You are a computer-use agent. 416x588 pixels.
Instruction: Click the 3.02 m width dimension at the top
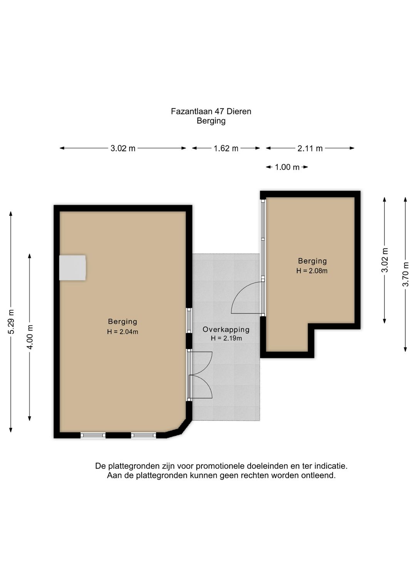click(x=123, y=149)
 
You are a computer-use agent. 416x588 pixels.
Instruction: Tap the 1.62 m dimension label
click(x=226, y=149)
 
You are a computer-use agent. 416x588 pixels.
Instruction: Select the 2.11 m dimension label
click(x=310, y=149)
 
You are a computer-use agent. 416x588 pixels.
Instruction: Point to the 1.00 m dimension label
click(x=287, y=167)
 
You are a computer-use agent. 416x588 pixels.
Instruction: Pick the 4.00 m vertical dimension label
click(x=30, y=337)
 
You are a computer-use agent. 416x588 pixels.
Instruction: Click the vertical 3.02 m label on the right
click(x=385, y=260)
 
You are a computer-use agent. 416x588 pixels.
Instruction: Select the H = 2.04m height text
click(x=122, y=332)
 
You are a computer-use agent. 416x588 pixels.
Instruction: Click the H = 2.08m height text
click(x=312, y=271)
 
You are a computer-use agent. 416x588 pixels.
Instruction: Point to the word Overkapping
click(x=226, y=329)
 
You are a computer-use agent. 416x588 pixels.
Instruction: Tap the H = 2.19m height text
click(x=226, y=338)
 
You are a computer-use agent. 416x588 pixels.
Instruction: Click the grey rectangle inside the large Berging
click(x=72, y=267)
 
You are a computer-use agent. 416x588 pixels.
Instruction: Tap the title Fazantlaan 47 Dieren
click(x=211, y=111)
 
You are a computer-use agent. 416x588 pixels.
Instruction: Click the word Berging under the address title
click(x=211, y=121)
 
